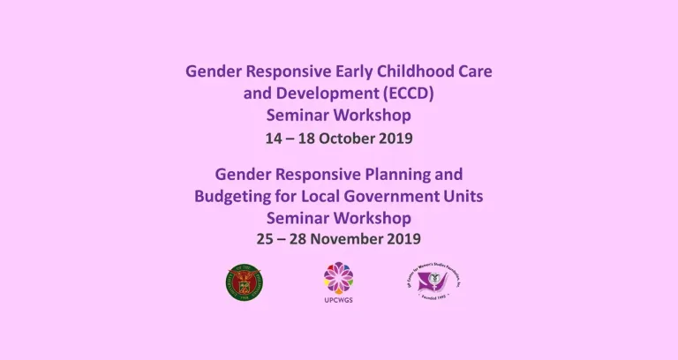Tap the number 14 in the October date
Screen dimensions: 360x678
[x=275, y=139]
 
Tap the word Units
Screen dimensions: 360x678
[x=464, y=196]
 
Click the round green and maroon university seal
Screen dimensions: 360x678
[x=245, y=283]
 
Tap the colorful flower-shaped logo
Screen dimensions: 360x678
[x=339, y=278]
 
